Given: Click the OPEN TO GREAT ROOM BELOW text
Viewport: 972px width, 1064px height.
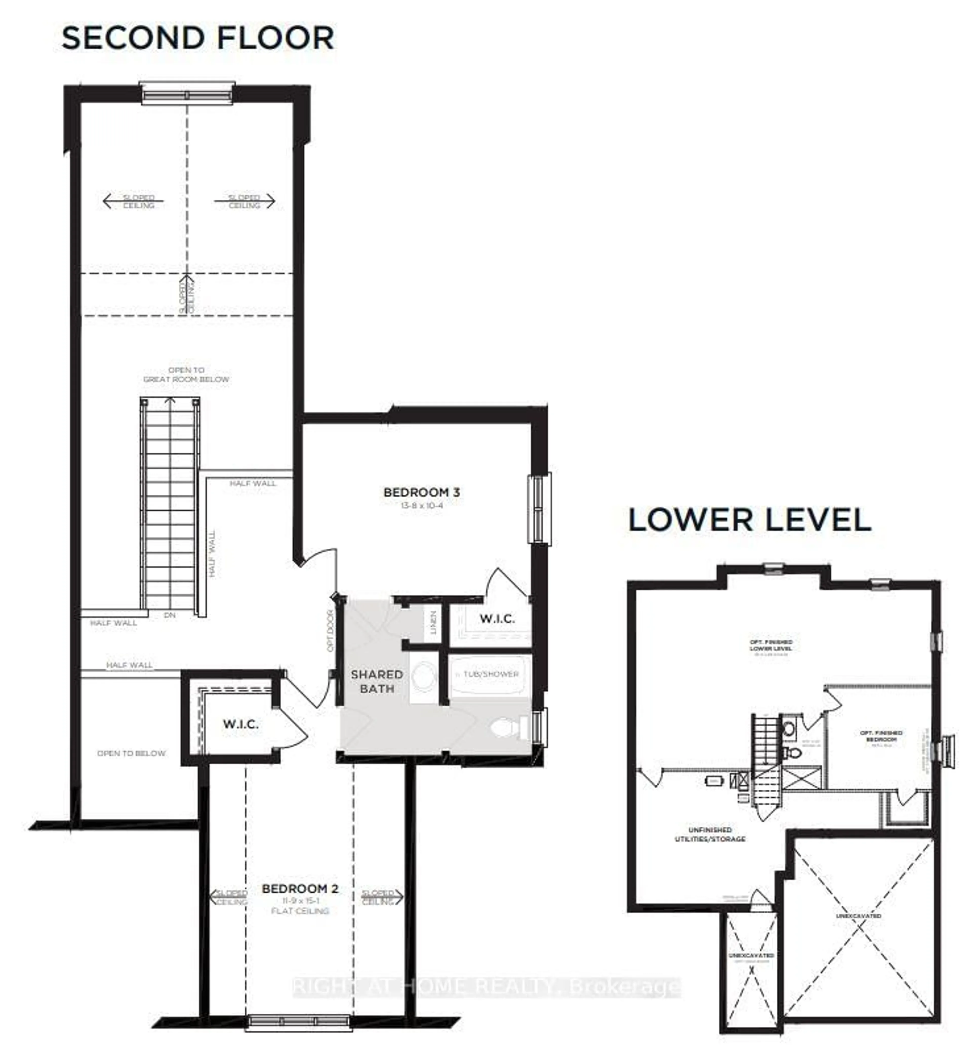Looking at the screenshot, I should (x=186, y=375).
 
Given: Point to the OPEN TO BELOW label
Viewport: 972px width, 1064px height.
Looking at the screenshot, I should (x=131, y=753).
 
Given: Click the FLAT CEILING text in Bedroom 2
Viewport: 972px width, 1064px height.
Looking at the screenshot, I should (x=300, y=911).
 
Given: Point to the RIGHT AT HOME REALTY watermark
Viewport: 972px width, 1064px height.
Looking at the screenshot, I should (x=486, y=986).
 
